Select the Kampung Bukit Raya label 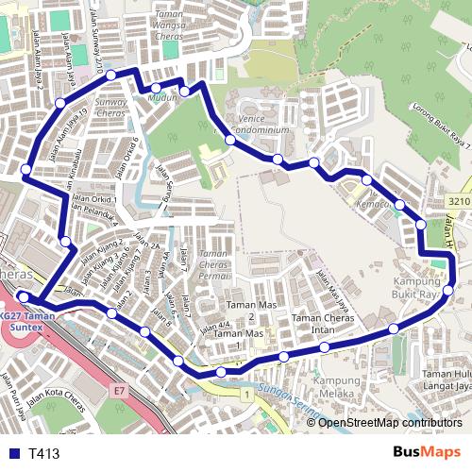tap(415, 288)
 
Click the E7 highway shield tap(119, 389)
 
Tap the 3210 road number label tap(460, 201)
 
